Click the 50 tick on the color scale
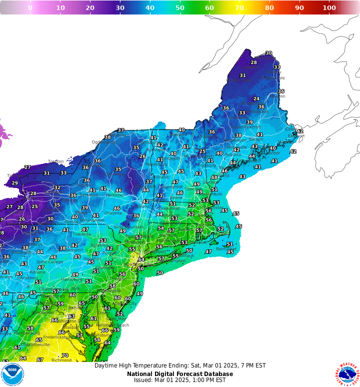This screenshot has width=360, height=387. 179,7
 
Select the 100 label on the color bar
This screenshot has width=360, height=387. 329,7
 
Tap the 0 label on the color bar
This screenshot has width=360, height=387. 30,7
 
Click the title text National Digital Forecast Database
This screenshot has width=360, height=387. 179,373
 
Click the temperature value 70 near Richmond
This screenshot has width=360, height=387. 65,355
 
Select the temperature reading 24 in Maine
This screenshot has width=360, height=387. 256,99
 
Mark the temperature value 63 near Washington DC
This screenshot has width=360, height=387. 71,316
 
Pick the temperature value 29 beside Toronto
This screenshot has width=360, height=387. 14,183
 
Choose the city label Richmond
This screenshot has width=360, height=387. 61,360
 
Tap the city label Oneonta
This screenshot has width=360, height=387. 113,213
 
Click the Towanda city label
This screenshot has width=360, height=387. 81,234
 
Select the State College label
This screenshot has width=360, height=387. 49,261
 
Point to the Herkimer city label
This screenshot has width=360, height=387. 115,195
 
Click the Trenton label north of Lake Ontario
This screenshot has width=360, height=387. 55,161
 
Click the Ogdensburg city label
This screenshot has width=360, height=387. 103,141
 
